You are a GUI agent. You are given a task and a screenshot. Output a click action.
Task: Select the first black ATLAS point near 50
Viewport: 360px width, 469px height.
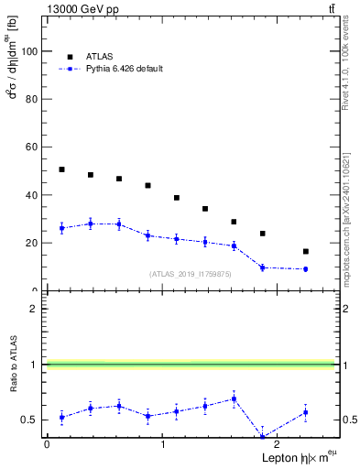61,169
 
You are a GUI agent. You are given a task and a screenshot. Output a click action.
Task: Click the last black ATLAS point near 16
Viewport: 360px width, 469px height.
305,251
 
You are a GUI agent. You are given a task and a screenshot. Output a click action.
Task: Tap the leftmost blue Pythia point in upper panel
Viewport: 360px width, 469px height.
61,228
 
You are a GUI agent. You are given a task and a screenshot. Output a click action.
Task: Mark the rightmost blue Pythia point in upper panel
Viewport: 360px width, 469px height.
305,269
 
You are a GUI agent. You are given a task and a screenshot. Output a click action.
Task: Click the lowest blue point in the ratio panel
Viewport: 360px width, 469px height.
262,437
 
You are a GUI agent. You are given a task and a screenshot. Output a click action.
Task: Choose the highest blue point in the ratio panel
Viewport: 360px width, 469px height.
235,398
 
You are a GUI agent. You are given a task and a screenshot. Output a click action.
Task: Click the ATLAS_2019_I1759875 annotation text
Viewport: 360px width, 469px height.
191,274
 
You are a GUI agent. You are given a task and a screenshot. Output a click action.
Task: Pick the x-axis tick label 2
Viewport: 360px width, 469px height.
278,446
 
